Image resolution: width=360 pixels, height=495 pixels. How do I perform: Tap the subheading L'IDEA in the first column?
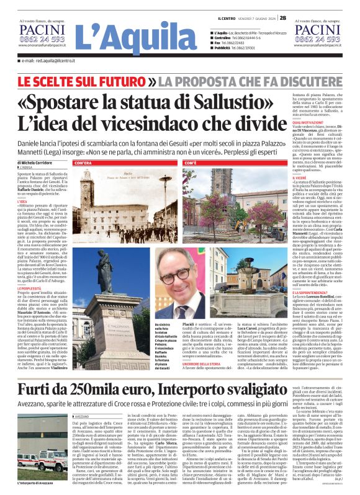point(23,202)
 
